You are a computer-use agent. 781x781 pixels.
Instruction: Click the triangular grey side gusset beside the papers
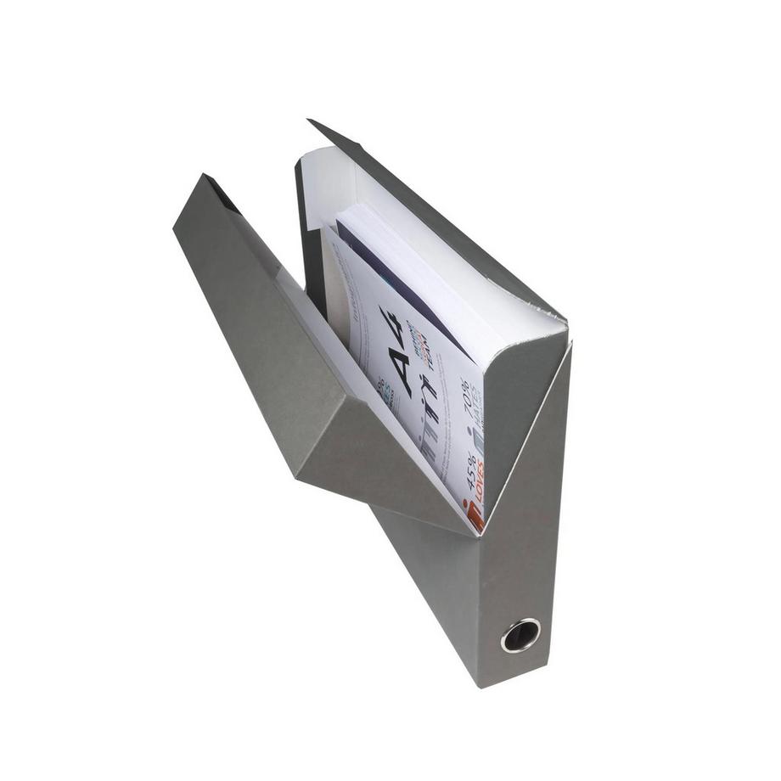(518, 399)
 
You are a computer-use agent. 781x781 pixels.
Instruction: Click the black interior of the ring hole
(520, 635)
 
